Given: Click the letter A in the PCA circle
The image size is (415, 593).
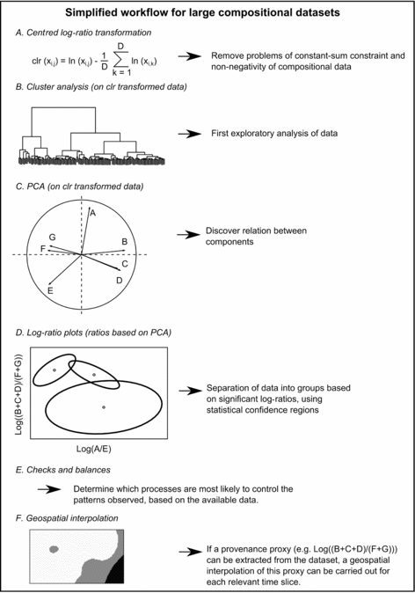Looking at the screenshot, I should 94,213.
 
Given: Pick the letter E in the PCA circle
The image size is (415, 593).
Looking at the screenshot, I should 51,289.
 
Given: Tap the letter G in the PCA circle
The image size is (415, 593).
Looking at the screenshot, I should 53,238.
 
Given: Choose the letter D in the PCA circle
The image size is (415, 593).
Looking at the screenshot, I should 119,280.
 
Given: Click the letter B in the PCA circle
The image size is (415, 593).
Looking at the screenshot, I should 125,241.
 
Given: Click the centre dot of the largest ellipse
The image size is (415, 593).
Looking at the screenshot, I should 104,407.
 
